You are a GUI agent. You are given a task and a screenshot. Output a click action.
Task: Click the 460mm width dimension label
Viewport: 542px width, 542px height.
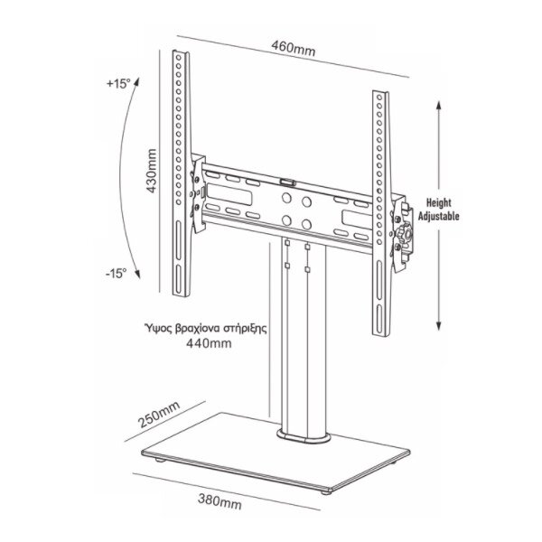[293, 49]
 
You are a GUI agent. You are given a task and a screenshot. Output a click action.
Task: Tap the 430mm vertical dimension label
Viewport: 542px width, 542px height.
[151, 171]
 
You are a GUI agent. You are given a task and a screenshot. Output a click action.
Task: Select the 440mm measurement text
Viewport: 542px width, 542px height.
[209, 343]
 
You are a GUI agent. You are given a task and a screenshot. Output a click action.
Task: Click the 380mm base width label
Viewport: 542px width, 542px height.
[220, 501]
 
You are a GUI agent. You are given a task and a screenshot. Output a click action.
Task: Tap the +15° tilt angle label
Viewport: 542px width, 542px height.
[118, 84]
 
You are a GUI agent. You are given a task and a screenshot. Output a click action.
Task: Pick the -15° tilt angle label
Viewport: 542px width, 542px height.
[117, 274]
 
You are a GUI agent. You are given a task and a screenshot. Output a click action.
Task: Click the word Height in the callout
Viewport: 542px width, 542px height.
[439, 202]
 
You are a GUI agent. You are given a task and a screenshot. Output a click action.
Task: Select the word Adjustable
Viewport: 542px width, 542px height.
[439, 216]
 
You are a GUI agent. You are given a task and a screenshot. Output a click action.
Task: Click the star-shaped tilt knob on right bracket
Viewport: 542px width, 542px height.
[406, 234]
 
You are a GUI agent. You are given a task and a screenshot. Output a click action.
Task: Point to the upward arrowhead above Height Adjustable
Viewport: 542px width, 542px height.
[439, 106]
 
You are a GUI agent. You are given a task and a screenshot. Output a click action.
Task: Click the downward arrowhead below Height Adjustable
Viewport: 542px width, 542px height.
[439, 325]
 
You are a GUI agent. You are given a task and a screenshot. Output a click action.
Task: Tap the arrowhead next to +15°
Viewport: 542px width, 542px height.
[137, 82]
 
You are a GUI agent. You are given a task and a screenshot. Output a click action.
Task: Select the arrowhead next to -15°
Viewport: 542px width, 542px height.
[137, 274]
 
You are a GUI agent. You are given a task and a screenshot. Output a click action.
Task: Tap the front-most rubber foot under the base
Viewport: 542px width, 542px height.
[325, 492]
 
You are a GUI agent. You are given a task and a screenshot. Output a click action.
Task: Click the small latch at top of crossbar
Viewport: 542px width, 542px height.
[287, 182]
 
